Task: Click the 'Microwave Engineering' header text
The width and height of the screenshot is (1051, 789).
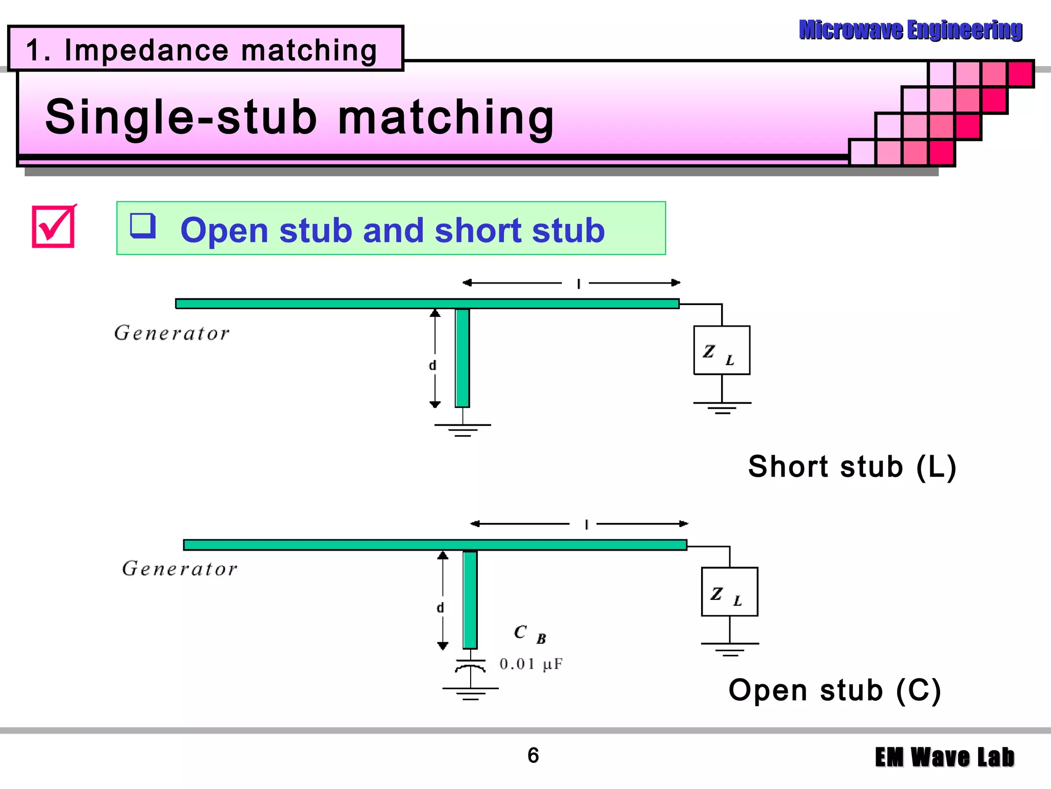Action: pyautogui.click(x=910, y=30)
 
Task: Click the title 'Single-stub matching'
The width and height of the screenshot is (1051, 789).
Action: pyautogui.click(x=300, y=117)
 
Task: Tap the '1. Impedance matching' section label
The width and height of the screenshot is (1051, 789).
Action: pyautogui.click(x=201, y=50)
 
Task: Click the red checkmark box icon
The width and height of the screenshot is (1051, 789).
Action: pyautogui.click(x=54, y=227)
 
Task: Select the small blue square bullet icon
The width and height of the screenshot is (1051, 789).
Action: pyautogui.click(x=142, y=226)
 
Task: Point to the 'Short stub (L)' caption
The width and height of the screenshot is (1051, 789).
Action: pyautogui.click(x=852, y=466)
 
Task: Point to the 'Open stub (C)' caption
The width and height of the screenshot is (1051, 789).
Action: pyautogui.click(x=835, y=690)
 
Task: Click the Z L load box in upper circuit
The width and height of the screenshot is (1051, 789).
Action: pyautogui.click(x=721, y=350)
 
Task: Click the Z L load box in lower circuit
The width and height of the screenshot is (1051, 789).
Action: pyautogui.click(x=729, y=592)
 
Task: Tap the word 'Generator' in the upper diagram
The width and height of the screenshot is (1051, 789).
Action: pyautogui.click(x=172, y=333)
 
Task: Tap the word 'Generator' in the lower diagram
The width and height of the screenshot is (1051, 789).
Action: pyautogui.click(x=180, y=569)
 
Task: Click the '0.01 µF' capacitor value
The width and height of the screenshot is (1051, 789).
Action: pyautogui.click(x=531, y=664)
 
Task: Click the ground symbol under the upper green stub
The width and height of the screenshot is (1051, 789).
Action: pyautogui.click(x=462, y=429)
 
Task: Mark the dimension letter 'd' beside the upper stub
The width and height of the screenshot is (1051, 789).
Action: pyautogui.click(x=432, y=365)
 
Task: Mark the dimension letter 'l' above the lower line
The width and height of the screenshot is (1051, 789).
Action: pyautogui.click(x=586, y=524)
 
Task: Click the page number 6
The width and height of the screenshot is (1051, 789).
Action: pyautogui.click(x=533, y=755)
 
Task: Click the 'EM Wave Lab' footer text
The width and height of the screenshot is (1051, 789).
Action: pyautogui.click(x=944, y=758)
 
